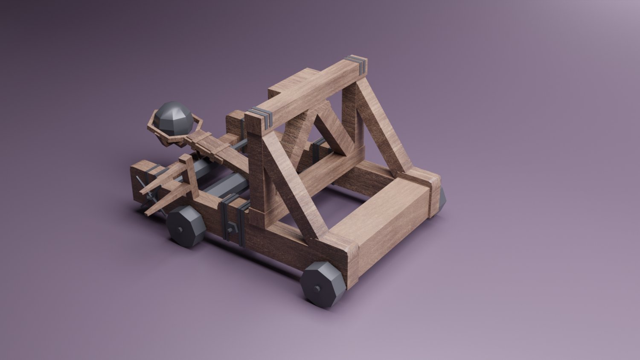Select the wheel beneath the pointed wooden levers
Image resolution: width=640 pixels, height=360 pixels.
coord(186,226)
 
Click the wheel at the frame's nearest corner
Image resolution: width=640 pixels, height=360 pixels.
coord(323,284)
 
